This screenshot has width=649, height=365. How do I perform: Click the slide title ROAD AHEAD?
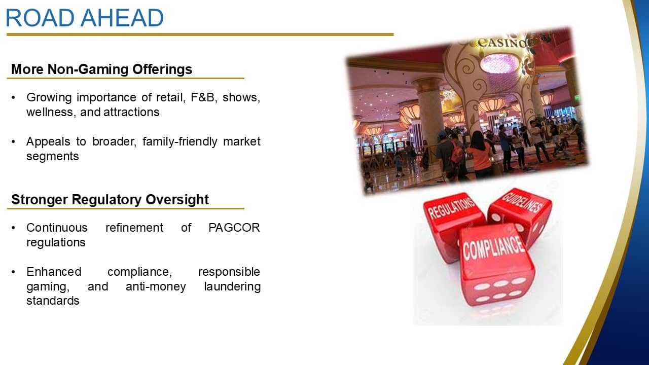tap(85, 18)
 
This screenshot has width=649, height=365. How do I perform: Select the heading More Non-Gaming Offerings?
tap(102, 69)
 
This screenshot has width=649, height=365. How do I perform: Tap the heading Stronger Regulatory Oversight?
tap(110, 200)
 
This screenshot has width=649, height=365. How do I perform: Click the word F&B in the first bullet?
tap(203, 98)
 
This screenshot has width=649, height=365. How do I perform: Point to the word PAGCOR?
tap(234, 228)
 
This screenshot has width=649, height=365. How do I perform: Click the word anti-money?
tap(156, 287)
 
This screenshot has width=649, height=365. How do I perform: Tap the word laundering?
tap(232, 287)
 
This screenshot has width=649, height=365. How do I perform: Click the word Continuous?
tap(57, 228)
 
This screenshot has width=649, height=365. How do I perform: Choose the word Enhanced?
tap(54, 272)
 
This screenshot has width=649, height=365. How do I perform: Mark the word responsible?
tap(229, 272)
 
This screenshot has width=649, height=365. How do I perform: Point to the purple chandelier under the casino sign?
tap(499, 63)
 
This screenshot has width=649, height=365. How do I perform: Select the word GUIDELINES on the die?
tap(522, 202)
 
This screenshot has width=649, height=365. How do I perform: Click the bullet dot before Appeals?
tap(13, 142)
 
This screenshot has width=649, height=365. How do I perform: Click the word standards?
tap(53, 301)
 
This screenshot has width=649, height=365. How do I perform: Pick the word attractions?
tap(131, 112)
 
